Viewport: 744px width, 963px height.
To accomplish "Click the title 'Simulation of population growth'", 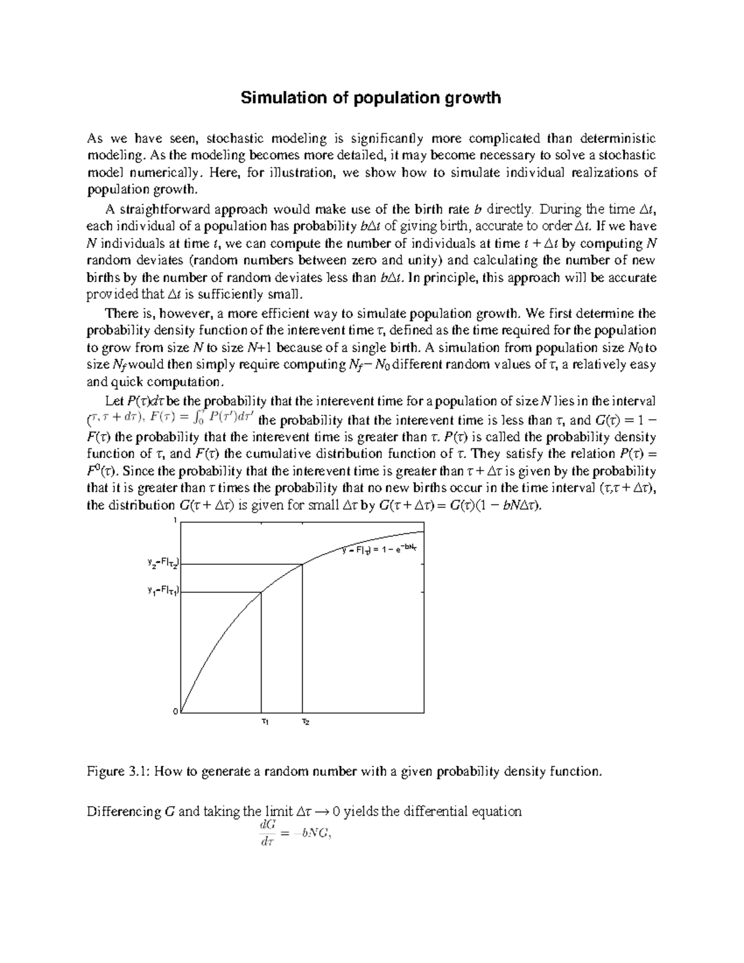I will pyautogui.click(x=371, y=98).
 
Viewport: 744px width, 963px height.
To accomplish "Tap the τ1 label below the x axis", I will pyautogui.click(x=265, y=722).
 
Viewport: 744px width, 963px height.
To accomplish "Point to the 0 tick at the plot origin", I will pyautogui.click(x=175, y=711).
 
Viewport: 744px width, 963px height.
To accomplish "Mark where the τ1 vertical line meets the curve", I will pyautogui.click(x=261, y=592).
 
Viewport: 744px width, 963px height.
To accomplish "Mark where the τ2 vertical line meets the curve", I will pyautogui.click(x=303, y=564).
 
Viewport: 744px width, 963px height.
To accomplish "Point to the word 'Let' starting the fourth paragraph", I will pyautogui.click(x=115, y=401).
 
